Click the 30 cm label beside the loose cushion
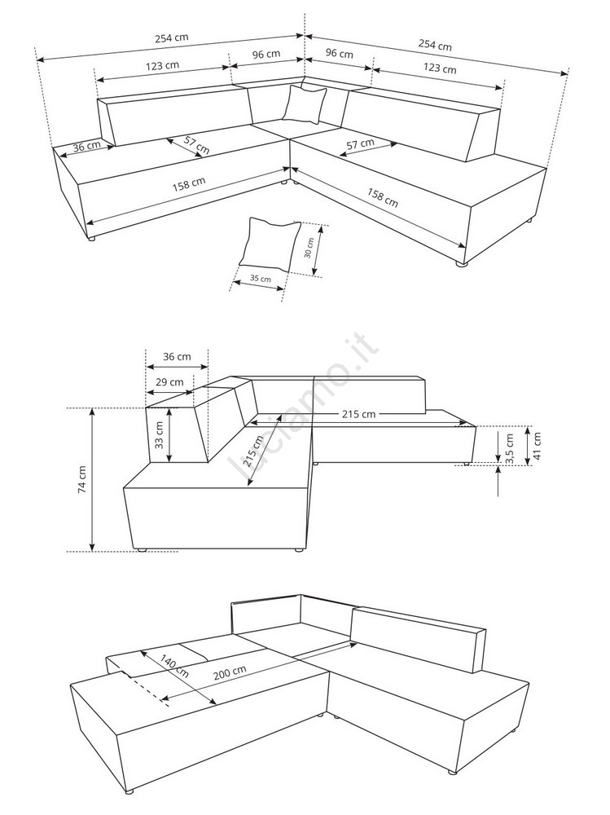coord(309,248)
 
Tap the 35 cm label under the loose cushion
coord(261,278)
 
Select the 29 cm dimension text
coord(169,382)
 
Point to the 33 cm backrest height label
coord(159,434)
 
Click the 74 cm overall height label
coord(82,479)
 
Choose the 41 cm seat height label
coord(537,446)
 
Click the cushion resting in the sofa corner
coord(305,104)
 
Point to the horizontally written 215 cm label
coord(358,414)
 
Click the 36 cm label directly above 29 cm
coord(177,357)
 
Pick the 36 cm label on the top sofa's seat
coord(87,146)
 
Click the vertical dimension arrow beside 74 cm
coord(93,479)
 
